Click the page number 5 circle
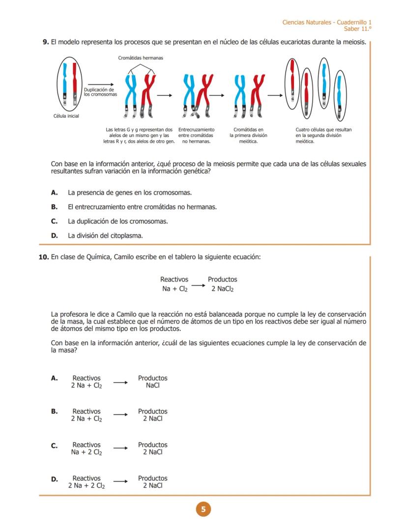(203, 509)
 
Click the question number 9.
(45, 43)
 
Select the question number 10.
(43, 257)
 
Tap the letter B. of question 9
(55, 207)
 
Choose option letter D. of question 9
(55, 236)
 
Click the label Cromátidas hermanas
(141, 58)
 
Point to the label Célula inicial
(66, 116)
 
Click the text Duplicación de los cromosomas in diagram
(100, 92)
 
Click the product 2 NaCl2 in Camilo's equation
(222, 289)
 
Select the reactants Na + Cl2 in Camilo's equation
(175, 289)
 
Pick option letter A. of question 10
(55, 378)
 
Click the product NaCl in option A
(152, 386)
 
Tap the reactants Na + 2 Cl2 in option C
(87, 452)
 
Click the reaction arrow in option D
(120, 482)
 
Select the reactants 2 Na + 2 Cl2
(87, 486)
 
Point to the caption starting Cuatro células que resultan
(323, 135)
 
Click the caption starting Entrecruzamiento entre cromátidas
(196, 135)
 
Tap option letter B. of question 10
(55, 412)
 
